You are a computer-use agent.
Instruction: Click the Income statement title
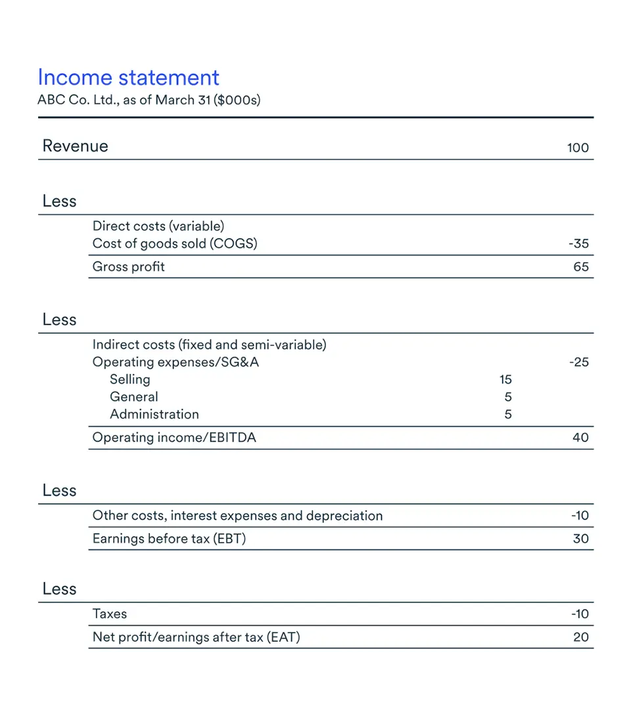[128, 78]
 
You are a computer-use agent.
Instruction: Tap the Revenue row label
[75, 146]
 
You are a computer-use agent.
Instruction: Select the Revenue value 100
[578, 148]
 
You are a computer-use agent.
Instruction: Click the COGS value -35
[578, 244]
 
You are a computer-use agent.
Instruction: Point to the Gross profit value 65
[581, 267]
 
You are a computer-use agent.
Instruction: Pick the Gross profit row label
[129, 267]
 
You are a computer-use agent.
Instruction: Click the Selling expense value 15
[505, 380]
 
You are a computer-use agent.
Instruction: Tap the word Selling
[130, 380]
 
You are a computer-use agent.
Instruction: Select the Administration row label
[154, 415]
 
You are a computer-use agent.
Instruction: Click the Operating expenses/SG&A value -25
[578, 362]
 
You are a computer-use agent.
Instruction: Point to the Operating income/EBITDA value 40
[580, 438]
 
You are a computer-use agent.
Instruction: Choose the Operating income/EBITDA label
[174, 438]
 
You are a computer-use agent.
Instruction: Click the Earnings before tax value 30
[580, 539]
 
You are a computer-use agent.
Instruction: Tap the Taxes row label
[110, 614]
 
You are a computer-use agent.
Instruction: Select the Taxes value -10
[580, 614]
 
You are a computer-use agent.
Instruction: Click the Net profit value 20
[580, 637]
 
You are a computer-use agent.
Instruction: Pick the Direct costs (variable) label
[158, 227]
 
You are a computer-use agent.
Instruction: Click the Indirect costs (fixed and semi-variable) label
[210, 345]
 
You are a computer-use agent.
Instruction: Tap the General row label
[134, 397]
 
